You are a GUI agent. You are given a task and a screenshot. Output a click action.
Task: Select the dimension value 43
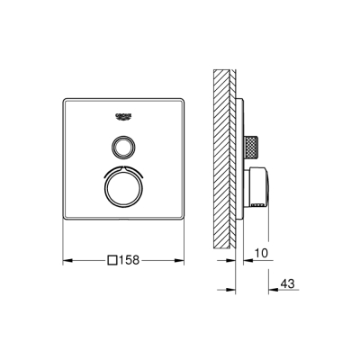pos(287,284)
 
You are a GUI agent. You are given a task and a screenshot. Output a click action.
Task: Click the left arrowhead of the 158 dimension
pos(64,261)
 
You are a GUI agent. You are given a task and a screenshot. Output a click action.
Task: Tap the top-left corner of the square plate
pos(65,95)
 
